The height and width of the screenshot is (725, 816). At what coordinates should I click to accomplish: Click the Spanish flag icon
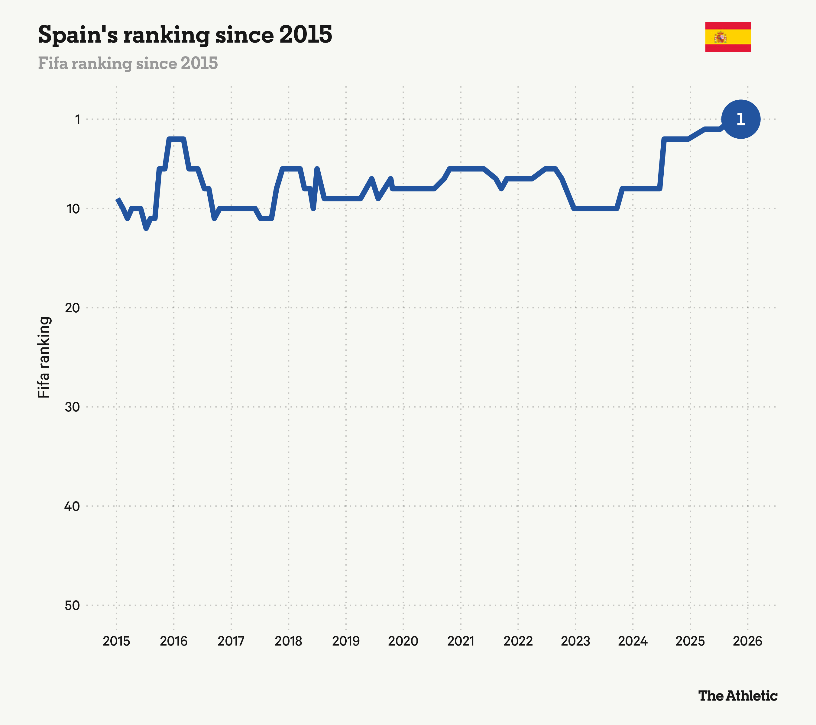click(x=727, y=37)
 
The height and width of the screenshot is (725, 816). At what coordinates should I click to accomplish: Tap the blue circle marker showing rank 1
click(x=740, y=119)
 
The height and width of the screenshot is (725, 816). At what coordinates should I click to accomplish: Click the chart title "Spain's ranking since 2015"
click(x=185, y=35)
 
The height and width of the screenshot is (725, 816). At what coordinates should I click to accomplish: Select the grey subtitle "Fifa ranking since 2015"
click(x=128, y=63)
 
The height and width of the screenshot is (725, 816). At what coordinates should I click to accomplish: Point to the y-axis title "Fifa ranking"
click(x=44, y=357)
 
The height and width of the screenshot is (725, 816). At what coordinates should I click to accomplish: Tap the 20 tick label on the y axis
click(x=72, y=308)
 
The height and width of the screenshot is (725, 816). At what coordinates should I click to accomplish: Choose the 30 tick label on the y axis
click(x=72, y=407)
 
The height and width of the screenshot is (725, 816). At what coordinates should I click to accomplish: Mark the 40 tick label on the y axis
click(x=72, y=506)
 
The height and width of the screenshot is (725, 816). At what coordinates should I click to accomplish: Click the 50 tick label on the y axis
click(x=72, y=605)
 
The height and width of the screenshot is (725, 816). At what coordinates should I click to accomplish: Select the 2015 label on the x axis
click(x=116, y=641)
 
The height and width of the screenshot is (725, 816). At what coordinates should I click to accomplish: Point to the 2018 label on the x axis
click(x=288, y=641)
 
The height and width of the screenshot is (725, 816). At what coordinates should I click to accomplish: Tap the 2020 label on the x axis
click(x=403, y=641)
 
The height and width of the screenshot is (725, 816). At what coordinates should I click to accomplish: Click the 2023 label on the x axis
click(x=575, y=641)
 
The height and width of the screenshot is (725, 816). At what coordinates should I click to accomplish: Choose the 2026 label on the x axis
click(x=747, y=641)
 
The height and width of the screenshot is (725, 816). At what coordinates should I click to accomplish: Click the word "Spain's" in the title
click(x=78, y=35)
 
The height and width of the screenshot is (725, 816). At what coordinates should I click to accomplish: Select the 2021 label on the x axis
click(x=461, y=641)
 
